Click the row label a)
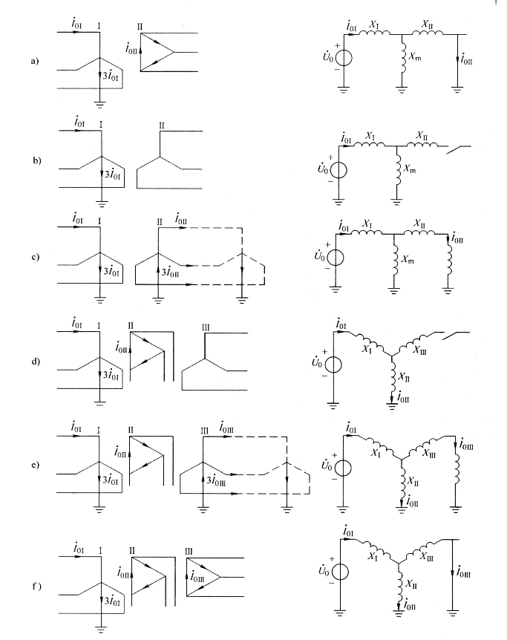click(33, 62)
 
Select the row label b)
click(33, 161)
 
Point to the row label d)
click(33, 363)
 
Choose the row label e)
click(33, 466)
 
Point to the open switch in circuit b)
click(456, 148)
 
